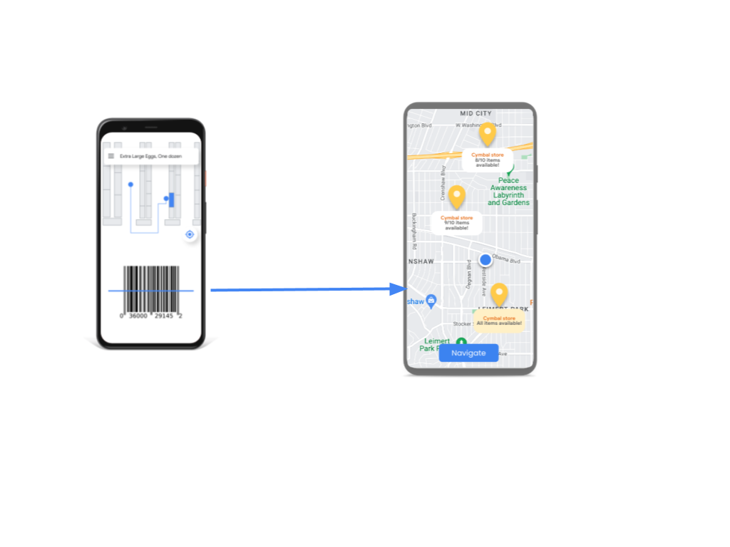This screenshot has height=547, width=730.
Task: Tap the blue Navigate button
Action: point(468,353)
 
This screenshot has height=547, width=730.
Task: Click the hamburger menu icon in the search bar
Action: point(110,156)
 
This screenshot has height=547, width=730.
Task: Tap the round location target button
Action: point(190,234)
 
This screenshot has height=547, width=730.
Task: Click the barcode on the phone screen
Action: point(151,288)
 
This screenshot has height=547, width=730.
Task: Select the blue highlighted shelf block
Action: point(171,199)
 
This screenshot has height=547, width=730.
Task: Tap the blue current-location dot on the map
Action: point(485,260)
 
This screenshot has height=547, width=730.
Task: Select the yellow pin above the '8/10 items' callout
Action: point(487,134)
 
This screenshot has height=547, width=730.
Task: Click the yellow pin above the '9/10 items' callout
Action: point(457,197)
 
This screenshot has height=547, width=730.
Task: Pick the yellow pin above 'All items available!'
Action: point(499,294)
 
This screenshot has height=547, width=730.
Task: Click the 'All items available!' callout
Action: point(499,321)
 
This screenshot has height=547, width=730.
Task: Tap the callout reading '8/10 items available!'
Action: point(487,160)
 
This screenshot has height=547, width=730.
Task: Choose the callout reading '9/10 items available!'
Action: point(456,222)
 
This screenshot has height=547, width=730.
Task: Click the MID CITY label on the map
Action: point(476,113)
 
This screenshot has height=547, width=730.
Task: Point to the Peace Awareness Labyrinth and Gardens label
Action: point(509,192)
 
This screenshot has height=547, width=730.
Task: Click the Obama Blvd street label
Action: point(505,259)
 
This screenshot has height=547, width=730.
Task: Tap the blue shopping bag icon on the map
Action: point(431,301)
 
